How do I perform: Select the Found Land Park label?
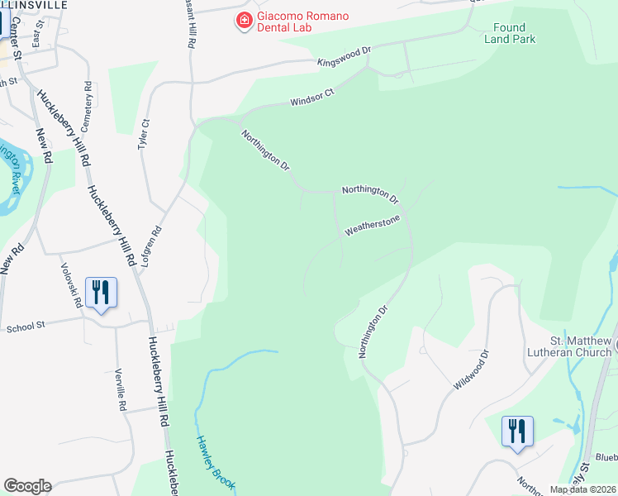tap(510, 33)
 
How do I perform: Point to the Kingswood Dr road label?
tap(345, 56)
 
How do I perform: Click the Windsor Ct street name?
tap(311, 98)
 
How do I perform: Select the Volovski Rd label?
tap(72, 285)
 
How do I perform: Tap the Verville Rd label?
tap(120, 389)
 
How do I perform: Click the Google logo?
tap(27, 486)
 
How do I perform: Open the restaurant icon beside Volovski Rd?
tap(101, 293)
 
